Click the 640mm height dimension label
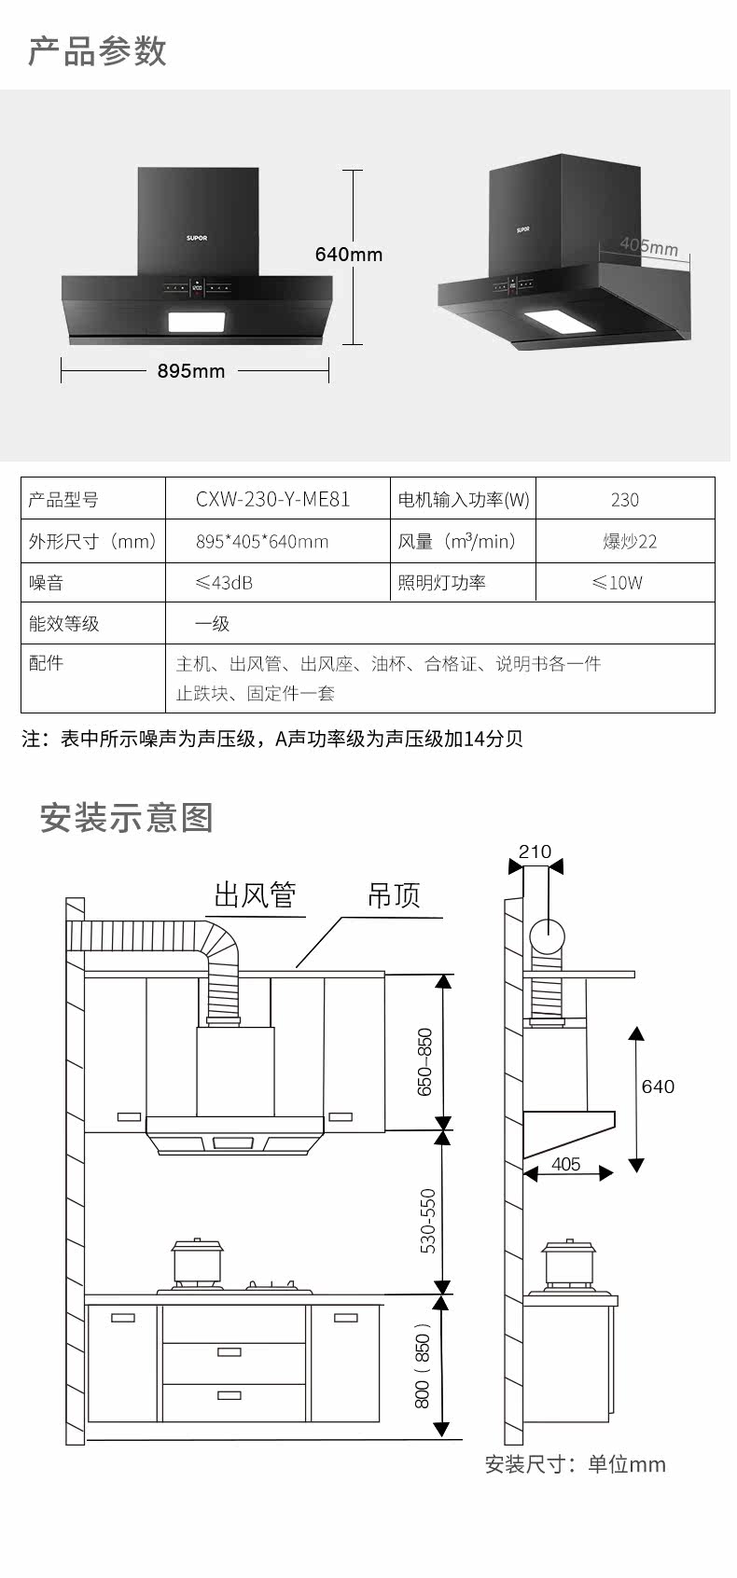349,255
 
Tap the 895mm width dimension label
191,371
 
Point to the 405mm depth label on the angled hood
648,246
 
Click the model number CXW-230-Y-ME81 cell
273,500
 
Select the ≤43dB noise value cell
224,583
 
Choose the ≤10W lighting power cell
618,583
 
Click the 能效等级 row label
63,624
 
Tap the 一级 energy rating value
212,624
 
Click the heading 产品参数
97,51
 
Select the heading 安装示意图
127,818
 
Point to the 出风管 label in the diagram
255,895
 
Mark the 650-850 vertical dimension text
425,1061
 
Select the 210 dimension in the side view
535,851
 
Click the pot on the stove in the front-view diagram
198,1263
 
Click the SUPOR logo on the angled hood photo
523,227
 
